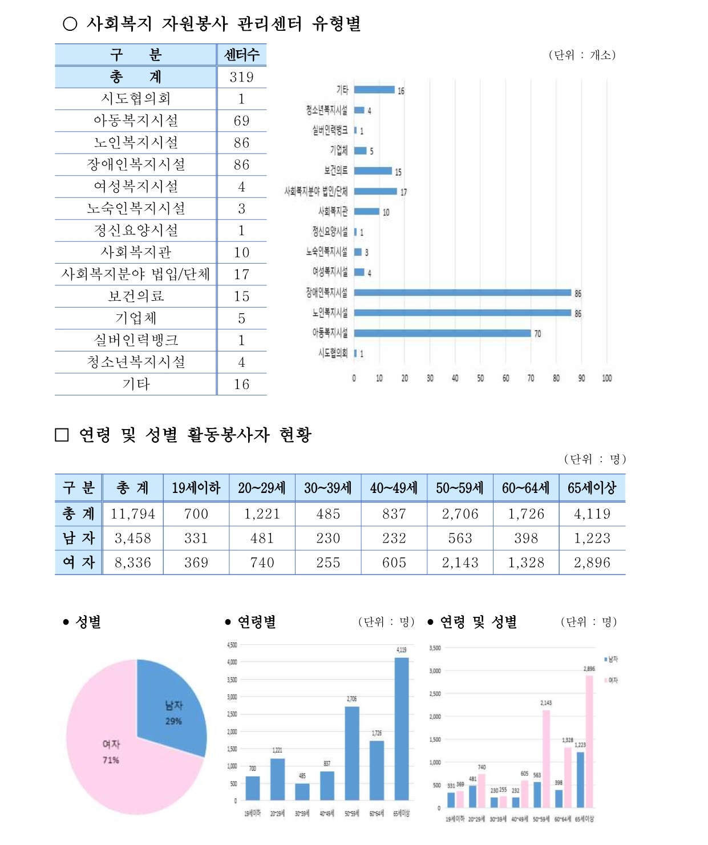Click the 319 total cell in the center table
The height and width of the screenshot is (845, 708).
[241, 77]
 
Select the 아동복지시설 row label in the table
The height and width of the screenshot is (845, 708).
[136, 121]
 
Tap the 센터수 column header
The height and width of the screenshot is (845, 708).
[241, 55]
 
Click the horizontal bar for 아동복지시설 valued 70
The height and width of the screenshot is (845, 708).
[442, 333]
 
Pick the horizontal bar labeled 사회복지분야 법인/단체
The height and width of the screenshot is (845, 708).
[375, 192]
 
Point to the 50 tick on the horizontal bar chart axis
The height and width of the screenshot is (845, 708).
[480, 378]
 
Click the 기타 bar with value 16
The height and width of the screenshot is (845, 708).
[374, 90]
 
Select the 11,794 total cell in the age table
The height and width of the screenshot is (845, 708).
[133, 514]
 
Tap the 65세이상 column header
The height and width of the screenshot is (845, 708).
[592, 488]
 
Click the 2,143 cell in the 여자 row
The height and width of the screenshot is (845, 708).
[460, 563]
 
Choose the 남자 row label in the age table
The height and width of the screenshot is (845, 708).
[78, 538]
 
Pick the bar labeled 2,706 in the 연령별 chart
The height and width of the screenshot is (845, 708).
[352, 753]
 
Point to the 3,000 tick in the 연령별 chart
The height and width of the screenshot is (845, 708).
[232, 697]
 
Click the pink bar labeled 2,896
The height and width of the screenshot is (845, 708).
[589, 742]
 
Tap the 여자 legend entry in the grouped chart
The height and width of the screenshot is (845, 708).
[611, 680]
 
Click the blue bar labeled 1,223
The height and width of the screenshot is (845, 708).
[580, 779]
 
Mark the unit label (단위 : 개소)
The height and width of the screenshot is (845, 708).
[582, 55]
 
